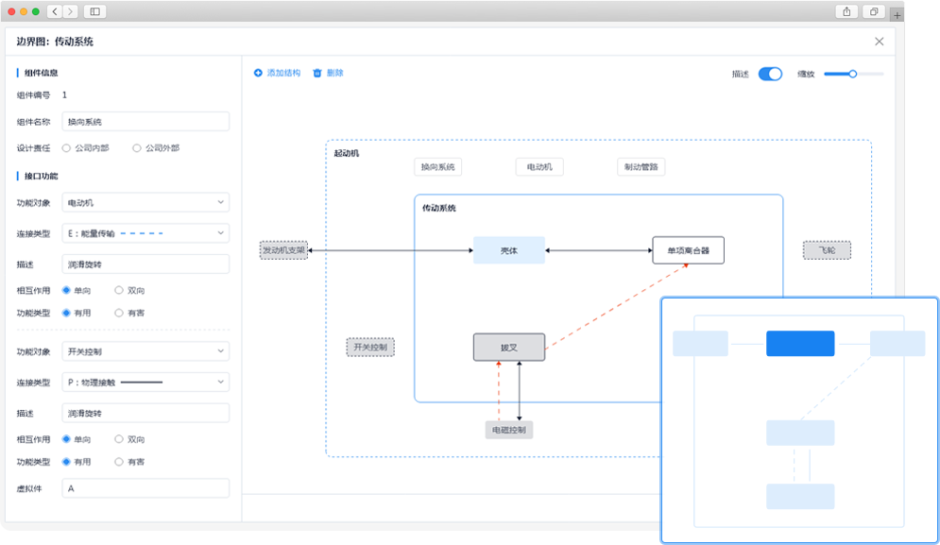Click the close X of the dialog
[879, 42]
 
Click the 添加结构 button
[277, 73]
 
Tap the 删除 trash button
[328, 73]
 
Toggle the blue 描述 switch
[770, 74]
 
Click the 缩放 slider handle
[852, 74]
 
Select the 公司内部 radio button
[66, 148]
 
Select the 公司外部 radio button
[137, 148]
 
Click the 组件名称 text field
[145, 122]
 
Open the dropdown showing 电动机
[145, 203]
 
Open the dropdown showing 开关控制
[145, 351]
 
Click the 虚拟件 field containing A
[145, 488]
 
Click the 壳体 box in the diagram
[509, 250]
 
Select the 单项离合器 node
[688, 250]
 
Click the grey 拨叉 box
[509, 348]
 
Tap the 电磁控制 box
[509, 430]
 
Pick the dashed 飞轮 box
[827, 250]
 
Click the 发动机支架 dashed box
[283, 250]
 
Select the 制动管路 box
[641, 166]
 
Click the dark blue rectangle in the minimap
[800, 344]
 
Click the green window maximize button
[35, 11]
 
